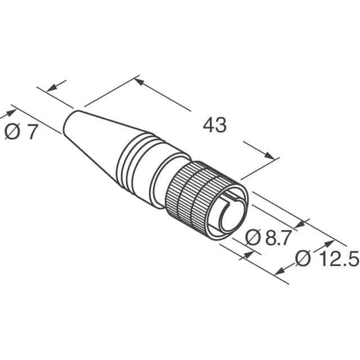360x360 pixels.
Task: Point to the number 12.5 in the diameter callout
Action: [x=338, y=259]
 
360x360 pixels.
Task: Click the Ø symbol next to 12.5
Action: [x=303, y=259]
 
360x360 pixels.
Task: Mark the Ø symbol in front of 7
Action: [x=11, y=133]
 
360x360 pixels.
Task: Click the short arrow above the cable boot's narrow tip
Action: [x=53, y=88]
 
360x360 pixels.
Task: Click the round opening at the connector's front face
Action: [x=232, y=217]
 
